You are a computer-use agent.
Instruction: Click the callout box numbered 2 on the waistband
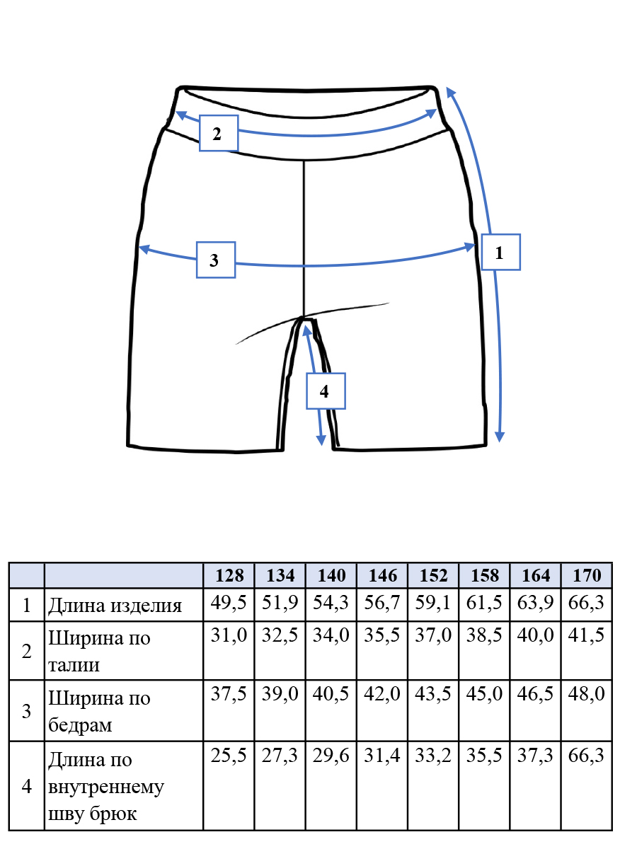point(219,133)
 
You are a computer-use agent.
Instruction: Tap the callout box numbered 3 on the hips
point(216,260)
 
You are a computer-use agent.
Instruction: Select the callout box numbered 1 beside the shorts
point(501,252)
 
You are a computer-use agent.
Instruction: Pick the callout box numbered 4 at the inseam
point(326,391)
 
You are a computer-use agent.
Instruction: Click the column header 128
point(229,575)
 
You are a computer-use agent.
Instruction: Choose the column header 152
point(434,575)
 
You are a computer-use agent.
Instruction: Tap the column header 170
point(587,575)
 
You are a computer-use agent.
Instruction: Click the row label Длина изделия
point(115,606)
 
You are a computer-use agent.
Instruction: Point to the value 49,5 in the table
point(229,602)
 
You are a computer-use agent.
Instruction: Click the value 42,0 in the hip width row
point(381,693)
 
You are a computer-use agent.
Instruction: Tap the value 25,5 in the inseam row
point(229,756)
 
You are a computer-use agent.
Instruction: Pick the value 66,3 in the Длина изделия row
point(586,602)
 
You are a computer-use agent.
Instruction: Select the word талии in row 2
point(74,665)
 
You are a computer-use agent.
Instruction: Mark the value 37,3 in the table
point(535,756)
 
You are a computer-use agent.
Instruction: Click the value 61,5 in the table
point(484,602)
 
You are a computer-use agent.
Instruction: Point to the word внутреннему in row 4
point(106,787)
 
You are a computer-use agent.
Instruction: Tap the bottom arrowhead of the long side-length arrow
point(500,437)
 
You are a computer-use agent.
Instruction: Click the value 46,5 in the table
point(535,693)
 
